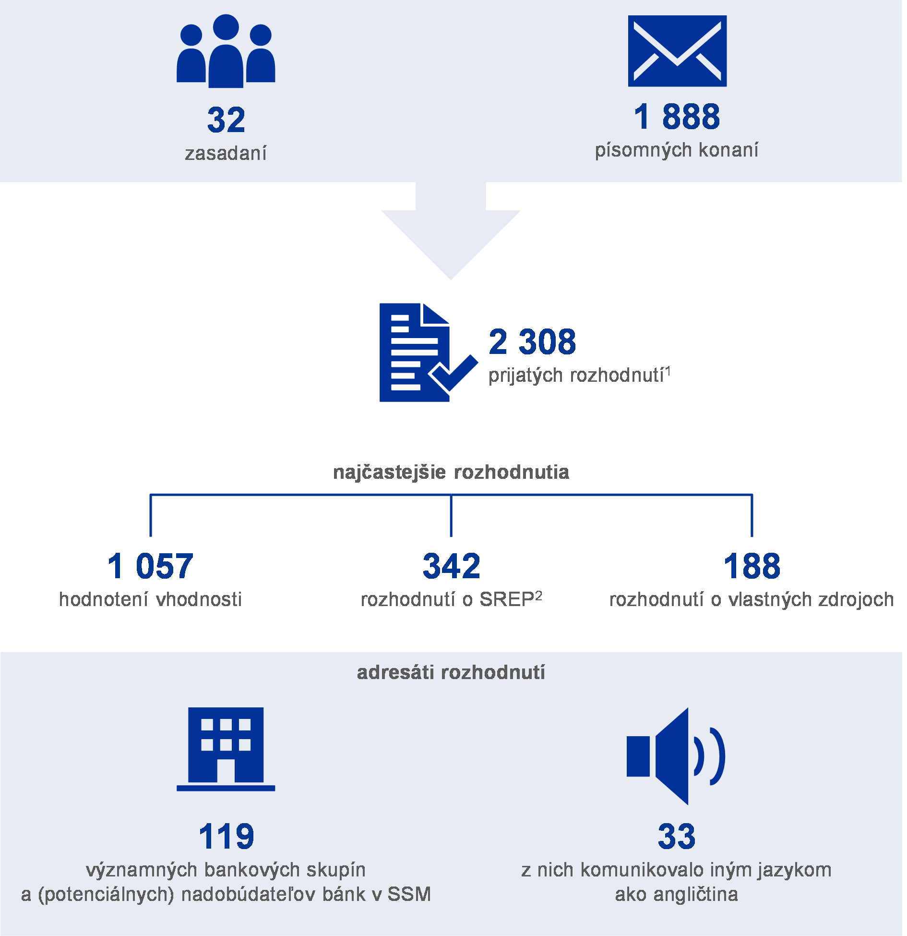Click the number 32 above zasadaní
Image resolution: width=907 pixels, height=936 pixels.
pyautogui.click(x=226, y=120)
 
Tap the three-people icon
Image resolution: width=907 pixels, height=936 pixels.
pyautogui.click(x=226, y=52)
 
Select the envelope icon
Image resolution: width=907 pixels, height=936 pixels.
pyautogui.click(x=677, y=51)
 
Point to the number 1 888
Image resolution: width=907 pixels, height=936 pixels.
pyautogui.click(x=677, y=117)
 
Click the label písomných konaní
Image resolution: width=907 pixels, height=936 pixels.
pyautogui.click(x=677, y=150)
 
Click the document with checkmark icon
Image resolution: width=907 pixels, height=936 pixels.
pyautogui.click(x=423, y=353)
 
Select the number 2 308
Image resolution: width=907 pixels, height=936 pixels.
pyautogui.click(x=532, y=342)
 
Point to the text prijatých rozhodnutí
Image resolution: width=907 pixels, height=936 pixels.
pyautogui.click(x=576, y=376)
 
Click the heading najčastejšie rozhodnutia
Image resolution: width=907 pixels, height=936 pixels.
pyautogui.click(x=451, y=472)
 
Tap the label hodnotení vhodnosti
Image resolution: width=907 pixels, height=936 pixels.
pyautogui.click(x=150, y=599)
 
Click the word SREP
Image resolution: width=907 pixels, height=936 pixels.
pyautogui.click(x=507, y=599)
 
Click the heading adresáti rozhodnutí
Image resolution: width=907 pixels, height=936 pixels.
pyautogui.click(x=451, y=672)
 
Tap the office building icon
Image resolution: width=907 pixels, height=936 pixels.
pyautogui.click(x=226, y=748)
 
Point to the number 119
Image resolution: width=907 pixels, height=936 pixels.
pyautogui.click(x=226, y=836)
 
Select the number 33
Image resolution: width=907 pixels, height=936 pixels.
pyautogui.click(x=676, y=836)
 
